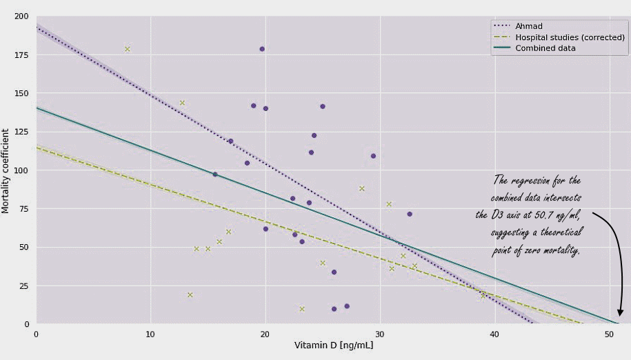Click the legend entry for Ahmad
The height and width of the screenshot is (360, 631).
point(529,26)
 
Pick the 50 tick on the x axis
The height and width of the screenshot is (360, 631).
point(609,334)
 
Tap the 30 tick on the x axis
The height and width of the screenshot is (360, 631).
point(380,334)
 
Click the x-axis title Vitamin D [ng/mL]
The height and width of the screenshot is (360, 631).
point(334,346)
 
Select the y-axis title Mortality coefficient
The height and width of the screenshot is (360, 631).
point(6,170)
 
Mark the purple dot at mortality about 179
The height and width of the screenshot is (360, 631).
point(262,49)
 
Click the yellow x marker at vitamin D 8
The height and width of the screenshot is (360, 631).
point(128,49)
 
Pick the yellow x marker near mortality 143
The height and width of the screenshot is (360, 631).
point(183,103)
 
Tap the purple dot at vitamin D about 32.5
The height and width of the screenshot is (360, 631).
point(409,214)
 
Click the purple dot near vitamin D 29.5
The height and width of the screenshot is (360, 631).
point(373,156)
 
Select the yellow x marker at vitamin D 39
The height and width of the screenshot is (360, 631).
point(483,295)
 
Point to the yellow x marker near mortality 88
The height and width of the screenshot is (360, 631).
point(361,188)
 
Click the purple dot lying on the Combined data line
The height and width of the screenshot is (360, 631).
point(214,174)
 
